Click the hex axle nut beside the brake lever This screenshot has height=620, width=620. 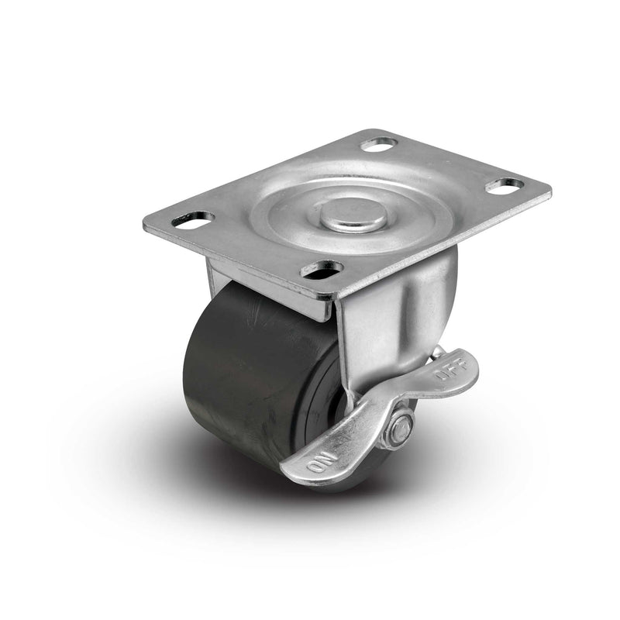click(400, 429)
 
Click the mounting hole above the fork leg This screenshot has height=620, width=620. click(322, 270)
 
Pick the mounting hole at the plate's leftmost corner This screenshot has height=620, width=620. click(193, 220)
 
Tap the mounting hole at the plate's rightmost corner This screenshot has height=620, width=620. click(505, 185)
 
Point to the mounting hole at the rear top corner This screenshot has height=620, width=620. click(379, 144)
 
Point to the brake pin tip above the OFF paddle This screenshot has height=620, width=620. click(439, 353)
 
